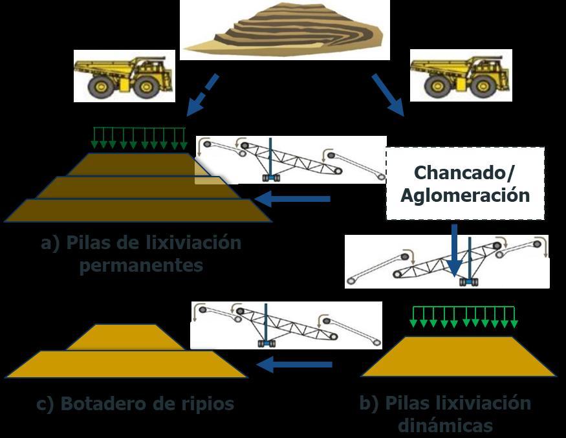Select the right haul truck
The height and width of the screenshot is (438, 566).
[461, 75]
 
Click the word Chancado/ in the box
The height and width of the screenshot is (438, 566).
[464, 173]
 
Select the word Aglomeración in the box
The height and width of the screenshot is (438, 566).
[464, 195]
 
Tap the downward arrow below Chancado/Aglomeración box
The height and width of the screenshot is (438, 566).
[454, 250]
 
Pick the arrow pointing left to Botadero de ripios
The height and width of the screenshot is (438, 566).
[294, 365]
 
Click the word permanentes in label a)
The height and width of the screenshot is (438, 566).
[141, 265]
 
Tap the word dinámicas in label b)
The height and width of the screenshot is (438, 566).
[445, 426]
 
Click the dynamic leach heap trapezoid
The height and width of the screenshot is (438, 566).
[458, 356]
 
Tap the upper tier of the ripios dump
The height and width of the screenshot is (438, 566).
[125, 338]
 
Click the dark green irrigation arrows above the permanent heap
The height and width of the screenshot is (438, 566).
[138, 137]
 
